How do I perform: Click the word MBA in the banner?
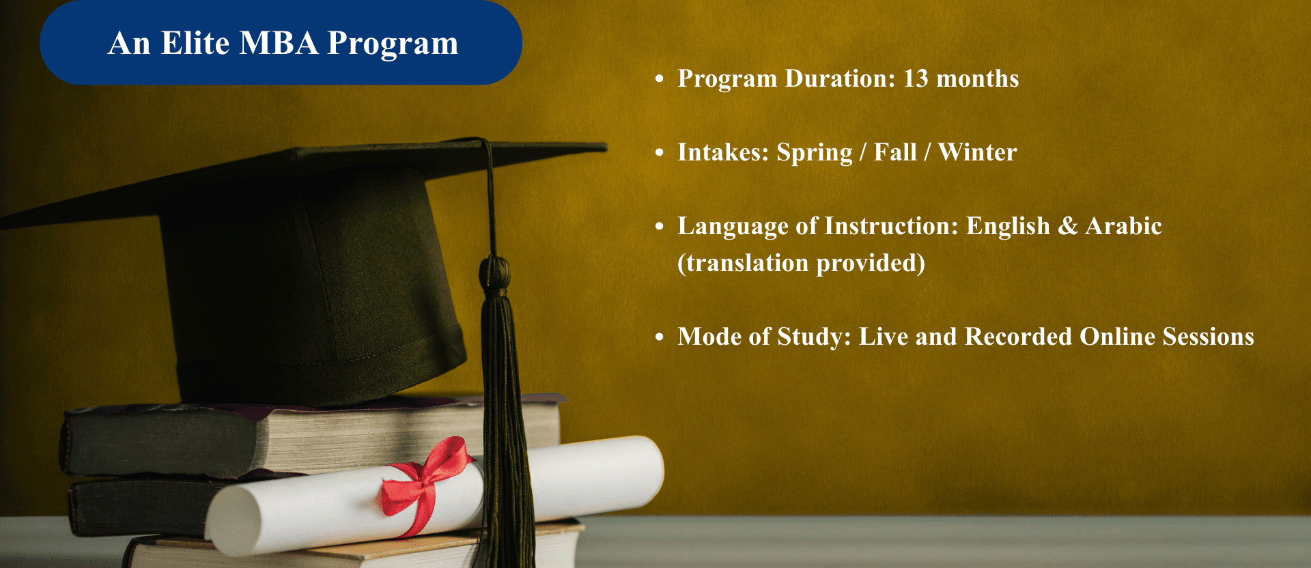(x=279, y=43)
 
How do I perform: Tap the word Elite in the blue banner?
(x=195, y=43)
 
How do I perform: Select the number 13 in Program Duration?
(x=916, y=79)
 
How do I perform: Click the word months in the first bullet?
(x=978, y=79)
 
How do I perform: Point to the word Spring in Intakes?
(x=815, y=153)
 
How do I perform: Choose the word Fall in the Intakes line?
(x=895, y=152)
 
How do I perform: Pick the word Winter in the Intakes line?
(x=978, y=152)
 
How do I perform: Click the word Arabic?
(x=1124, y=225)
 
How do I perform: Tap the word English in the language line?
(x=1008, y=227)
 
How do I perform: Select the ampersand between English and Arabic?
(x=1068, y=226)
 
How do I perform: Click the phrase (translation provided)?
(x=802, y=263)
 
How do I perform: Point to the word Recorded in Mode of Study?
(x=1018, y=337)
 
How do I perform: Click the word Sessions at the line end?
(x=1209, y=337)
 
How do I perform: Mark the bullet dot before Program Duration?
(x=659, y=79)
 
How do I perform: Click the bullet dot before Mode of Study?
(x=659, y=337)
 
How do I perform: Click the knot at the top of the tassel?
(x=494, y=272)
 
